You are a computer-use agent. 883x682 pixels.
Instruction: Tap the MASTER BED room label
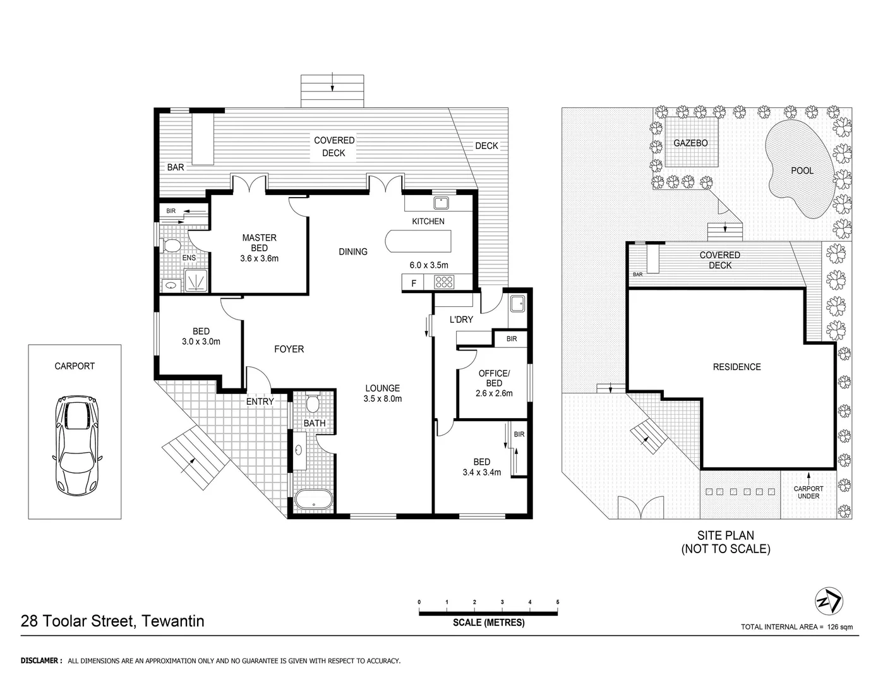coord(259,242)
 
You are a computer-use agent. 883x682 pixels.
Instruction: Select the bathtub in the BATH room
coord(314,499)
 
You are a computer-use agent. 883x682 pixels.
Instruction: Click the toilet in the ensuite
coord(171,245)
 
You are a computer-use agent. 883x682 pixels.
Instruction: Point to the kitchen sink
coord(440,203)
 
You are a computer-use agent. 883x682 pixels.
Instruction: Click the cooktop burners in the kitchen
coord(445,282)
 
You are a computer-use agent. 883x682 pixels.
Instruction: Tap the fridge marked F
coord(414,284)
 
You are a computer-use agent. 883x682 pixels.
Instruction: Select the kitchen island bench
coord(419,241)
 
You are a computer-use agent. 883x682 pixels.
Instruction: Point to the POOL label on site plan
coord(802,170)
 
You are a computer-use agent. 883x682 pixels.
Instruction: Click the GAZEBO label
coord(690,143)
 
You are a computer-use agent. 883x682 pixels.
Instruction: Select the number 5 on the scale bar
coord(558,602)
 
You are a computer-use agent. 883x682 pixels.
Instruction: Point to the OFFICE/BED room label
coord(494,378)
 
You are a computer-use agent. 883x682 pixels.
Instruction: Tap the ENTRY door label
coord(260,402)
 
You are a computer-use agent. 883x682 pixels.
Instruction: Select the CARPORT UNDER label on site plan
coord(808,493)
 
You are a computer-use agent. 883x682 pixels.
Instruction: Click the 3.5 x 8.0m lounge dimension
coord(382,398)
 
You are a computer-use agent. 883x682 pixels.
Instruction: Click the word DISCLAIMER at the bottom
coord(42,661)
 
